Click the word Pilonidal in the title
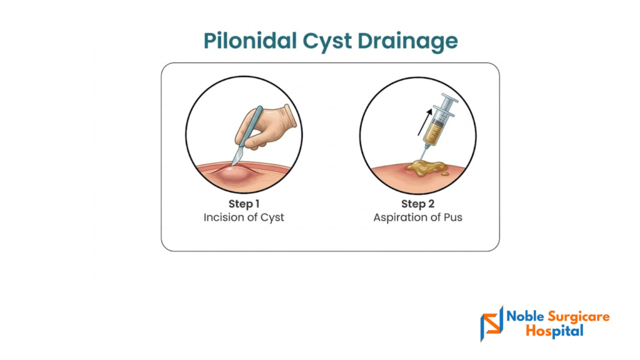250,41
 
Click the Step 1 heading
244,204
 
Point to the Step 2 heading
417,204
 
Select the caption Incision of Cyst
244,217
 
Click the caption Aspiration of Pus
417,217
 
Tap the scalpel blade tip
232,165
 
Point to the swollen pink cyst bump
234,177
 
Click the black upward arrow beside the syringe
425,122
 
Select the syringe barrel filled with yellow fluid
435,127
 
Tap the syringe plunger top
449,98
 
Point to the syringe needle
423,154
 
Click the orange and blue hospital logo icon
492,323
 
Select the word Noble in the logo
525,316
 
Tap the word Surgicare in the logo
579,317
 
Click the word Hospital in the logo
555,331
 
